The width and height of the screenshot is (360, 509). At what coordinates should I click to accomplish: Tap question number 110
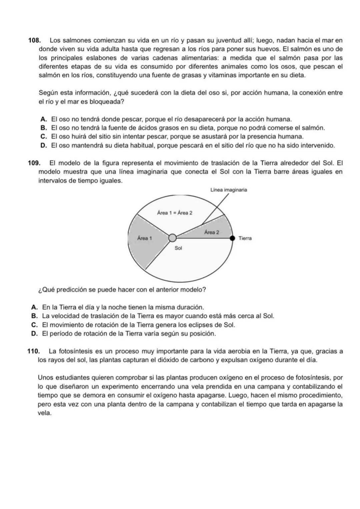(x=33, y=351)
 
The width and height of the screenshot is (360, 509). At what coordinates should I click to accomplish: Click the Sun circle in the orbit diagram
(x=172, y=238)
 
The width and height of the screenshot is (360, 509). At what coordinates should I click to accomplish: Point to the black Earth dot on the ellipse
(x=233, y=238)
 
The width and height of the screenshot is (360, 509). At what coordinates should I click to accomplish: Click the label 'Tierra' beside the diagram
(x=245, y=239)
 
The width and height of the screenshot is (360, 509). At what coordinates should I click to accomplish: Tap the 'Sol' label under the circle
(x=178, y=248)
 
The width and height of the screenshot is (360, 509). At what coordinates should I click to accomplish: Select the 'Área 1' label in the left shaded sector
(x=144, y=238)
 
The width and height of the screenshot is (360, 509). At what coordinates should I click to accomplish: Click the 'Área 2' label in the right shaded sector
(x=212, y=232)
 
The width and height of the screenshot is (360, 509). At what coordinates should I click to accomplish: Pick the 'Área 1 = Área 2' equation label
(x=175, y=213)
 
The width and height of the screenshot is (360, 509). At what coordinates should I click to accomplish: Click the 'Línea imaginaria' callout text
(x=229, y=190)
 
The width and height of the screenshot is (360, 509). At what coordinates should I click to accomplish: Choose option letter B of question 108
(x=43, y=128)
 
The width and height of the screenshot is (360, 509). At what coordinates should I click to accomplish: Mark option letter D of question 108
(x=43, y=146)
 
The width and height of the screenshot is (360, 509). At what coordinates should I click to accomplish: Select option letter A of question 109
(x=34, y=307)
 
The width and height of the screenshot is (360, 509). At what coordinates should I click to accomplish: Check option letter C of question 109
(x=34, y=325)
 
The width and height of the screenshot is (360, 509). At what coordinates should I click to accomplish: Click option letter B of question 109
(x=34, y=316)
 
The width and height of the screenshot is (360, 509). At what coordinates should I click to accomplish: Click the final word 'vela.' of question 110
(x=45, y=413)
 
